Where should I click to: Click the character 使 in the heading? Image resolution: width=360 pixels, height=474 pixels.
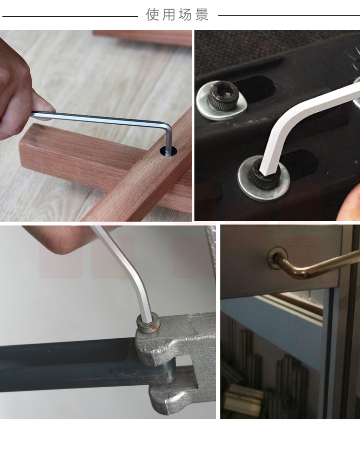pos(153,14)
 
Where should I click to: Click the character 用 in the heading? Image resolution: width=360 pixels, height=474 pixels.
pos(168,14)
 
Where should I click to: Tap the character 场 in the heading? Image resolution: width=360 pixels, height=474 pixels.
pos(185,14)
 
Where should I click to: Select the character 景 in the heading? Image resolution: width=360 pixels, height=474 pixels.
pos(202,14)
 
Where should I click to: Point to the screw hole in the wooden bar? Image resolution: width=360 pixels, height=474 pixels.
pos(169,151)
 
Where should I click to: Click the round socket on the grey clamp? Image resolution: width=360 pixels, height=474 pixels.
pos(148,323)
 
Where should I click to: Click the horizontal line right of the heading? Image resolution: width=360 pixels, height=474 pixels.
pos(289,15)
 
